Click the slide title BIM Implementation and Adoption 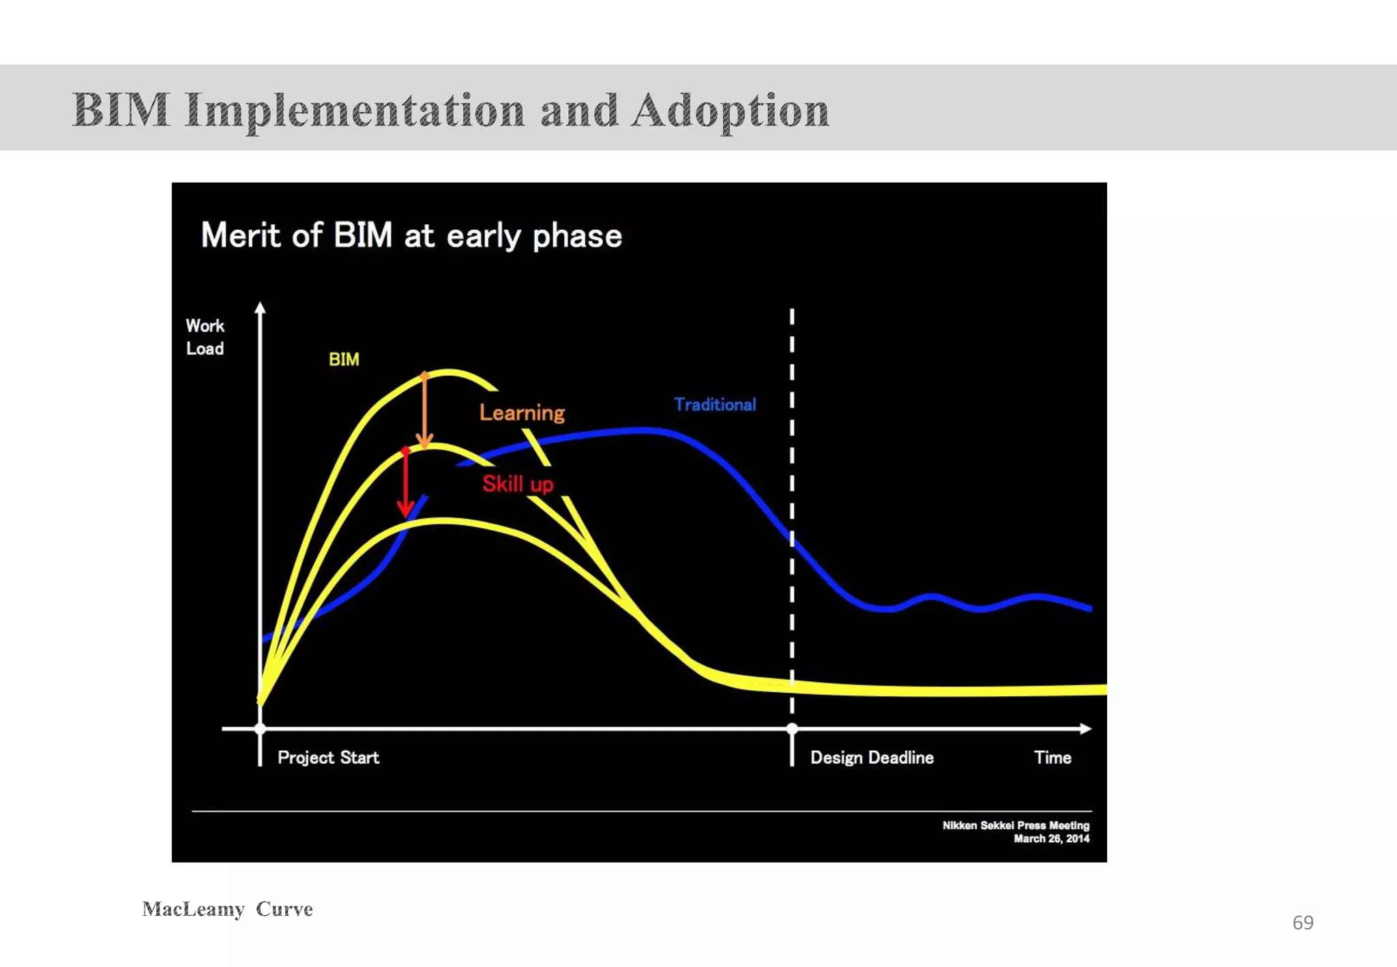[x=450, y=110]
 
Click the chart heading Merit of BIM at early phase [x=411, y=236]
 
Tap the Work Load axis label [x=205, y=337]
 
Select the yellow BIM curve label [x=344, y=359]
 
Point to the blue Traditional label [x=715, y=404]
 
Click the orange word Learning [x=522, y=413]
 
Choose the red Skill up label [x=518, y=484]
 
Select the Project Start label [x=328, y=758]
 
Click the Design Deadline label [x=872, y=758]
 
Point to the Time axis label [x=1053, y=758]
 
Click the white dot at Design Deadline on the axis [x=792, y=728]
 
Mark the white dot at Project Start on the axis [x=260, y=728]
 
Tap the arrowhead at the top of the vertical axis [x=260, y=308]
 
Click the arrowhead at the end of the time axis [x=1085, y=728]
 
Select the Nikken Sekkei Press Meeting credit [x=1016, y=825]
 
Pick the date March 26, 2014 [x=1051, y=839]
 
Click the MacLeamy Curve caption [x=228, y=909]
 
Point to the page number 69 [x=1303, y=923]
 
